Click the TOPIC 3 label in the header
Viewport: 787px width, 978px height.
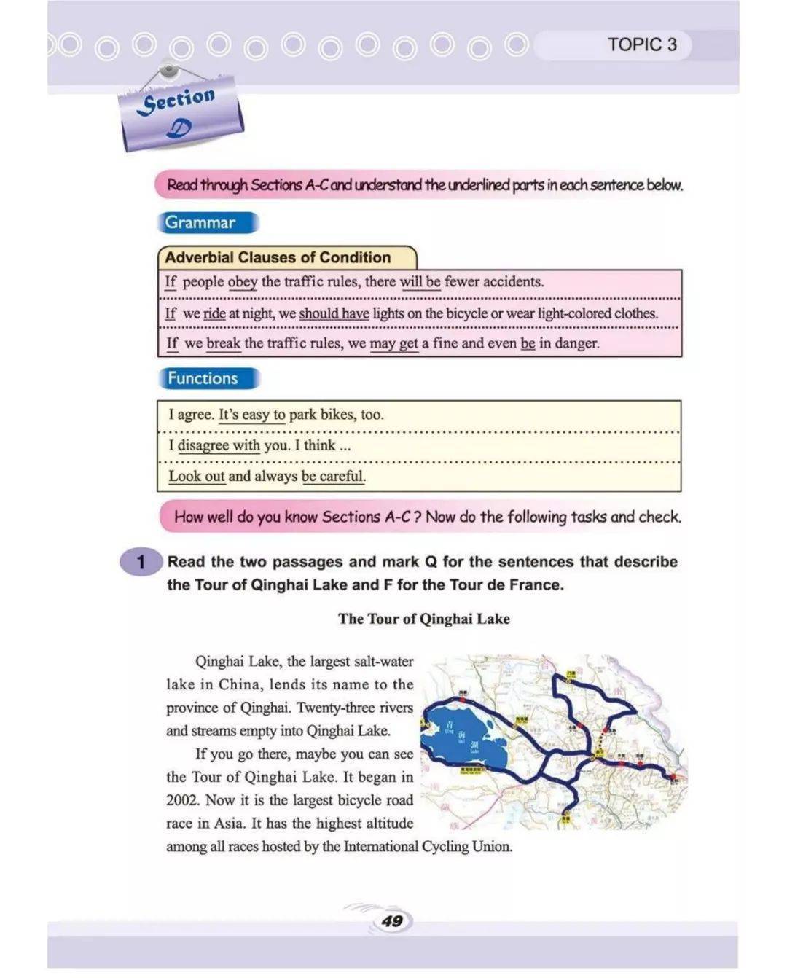tap(642, 44)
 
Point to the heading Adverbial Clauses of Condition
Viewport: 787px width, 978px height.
tap(278, 257)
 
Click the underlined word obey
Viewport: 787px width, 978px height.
tap(242, 282)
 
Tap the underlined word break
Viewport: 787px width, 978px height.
tap(223, 343)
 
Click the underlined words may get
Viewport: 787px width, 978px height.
tap(393, 343)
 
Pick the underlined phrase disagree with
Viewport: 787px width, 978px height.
tap(219, 445)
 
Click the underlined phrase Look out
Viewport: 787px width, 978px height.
tap(197, 476)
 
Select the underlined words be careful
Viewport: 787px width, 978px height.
tap(333, 476)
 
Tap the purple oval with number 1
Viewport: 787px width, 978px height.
tap(141, 562)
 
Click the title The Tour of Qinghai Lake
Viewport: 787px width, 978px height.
tap(423, 619)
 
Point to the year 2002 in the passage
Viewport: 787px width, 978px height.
tap(181, 800)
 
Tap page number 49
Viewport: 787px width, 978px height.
tap(392, 920)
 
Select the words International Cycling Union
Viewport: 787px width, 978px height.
tap(428, 847)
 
